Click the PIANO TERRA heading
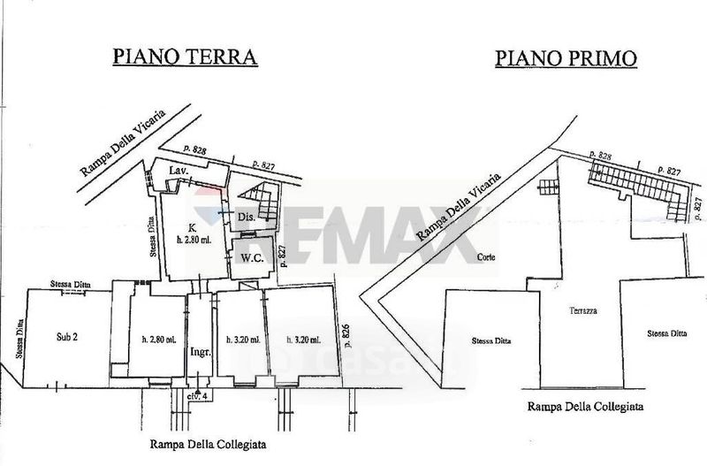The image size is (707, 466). point(184,57)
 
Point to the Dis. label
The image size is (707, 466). point(247,217)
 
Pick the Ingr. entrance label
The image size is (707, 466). point(199,352)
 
